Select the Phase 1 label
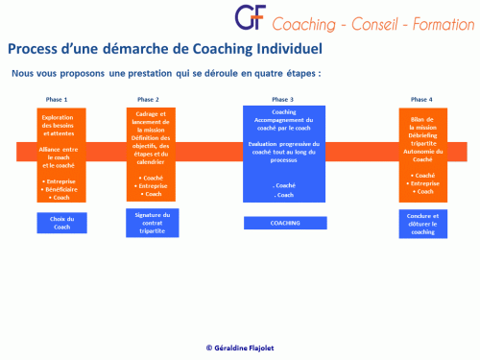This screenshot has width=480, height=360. click(x=57, y=100)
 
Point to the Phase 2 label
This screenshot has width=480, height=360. click(x=148, y=100)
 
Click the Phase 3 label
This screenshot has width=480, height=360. click(x=283, y=100)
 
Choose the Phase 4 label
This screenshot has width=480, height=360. click(x=421, y=100)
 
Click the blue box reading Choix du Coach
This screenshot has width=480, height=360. click(x=62, y=223)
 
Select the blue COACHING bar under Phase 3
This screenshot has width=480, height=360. click(x=284, y=223)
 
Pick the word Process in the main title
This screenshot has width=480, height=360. click(x=34, y=48)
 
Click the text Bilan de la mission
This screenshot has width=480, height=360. click(x=422, y=121)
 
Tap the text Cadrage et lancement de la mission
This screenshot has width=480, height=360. click(x=148, y=124)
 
